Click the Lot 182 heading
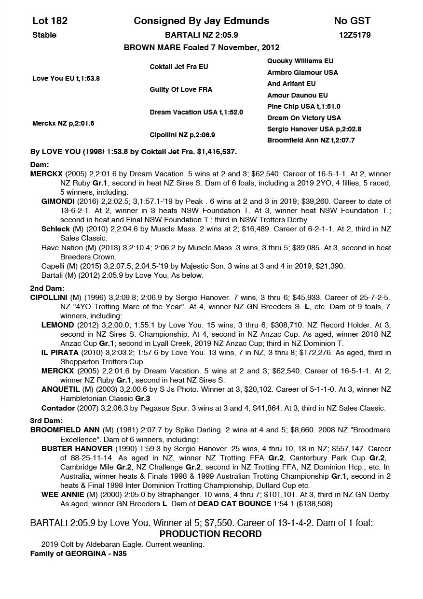pyautogui.click(x=50, y=21)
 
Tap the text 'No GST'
pyautogui.click(x=352, y=21)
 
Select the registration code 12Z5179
pyautogui.click(x=355, y=35)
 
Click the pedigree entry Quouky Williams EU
pyautogui.click(x=300, y=61)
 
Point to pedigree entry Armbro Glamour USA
pyautogui.click(x=302, y=72)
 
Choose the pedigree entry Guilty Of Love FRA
pyautogui.click(x=181, y=89)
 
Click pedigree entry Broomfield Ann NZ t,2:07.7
pyautogui.click(x=311, y=141)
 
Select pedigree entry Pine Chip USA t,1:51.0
pyautogui.click(x=303, y=106)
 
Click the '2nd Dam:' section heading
pyautogui.click(x=47, y=288)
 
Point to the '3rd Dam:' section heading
pyautogui.click(x=46, y=421)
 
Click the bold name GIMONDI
pyautogui.click(x=57, y=201)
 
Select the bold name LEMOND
pyautogui.click(x=57, y=325)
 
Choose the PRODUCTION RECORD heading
pyautogui.click(x=210, y=534)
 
